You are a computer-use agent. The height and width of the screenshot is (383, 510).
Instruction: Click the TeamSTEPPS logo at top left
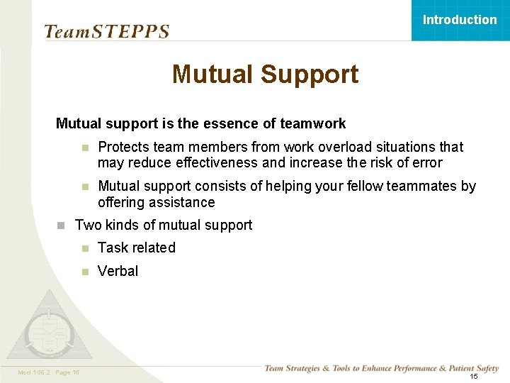point(106,32)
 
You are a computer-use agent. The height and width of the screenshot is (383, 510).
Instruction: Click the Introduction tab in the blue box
point(460,20)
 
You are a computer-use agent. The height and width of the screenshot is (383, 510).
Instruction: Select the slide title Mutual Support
point(265,74)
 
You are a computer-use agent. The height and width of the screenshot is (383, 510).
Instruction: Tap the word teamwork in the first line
point(313,124)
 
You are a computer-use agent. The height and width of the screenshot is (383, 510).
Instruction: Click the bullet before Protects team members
point(84,148)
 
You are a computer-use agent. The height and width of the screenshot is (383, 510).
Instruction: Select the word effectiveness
point(218,163)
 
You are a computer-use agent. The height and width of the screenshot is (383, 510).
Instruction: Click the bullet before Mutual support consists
point(84,187)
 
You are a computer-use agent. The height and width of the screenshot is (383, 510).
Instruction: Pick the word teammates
point(425,187)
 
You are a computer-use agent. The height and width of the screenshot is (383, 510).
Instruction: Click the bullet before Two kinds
point(61,226)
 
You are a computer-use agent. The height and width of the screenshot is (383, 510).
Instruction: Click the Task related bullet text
point(137,248)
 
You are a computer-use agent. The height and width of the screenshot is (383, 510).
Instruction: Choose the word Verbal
point(118,271)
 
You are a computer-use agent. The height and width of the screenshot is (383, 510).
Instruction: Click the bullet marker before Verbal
point(84,272)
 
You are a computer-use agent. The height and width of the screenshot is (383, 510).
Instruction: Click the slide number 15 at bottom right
point(474,377)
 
